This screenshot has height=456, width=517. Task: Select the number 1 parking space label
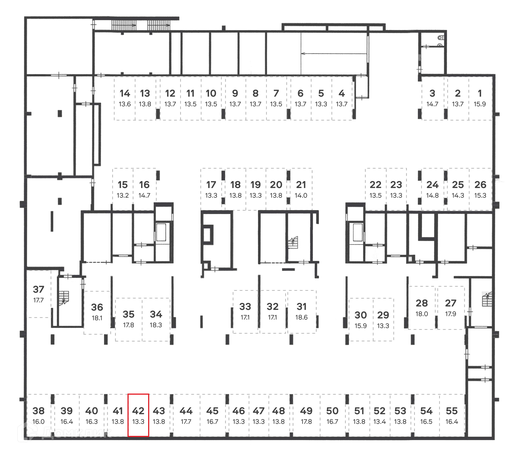[480, 93]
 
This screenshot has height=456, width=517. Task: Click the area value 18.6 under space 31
[301, 317]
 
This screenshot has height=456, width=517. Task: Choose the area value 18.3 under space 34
[156, 325]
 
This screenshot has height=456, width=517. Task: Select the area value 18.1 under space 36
[97, 318]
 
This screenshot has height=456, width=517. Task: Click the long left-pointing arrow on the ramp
[334, 54]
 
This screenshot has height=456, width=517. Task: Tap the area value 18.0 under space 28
[422, 314]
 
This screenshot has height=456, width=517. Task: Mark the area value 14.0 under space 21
[301, 196]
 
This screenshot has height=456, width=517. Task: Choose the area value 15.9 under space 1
[480, 104]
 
